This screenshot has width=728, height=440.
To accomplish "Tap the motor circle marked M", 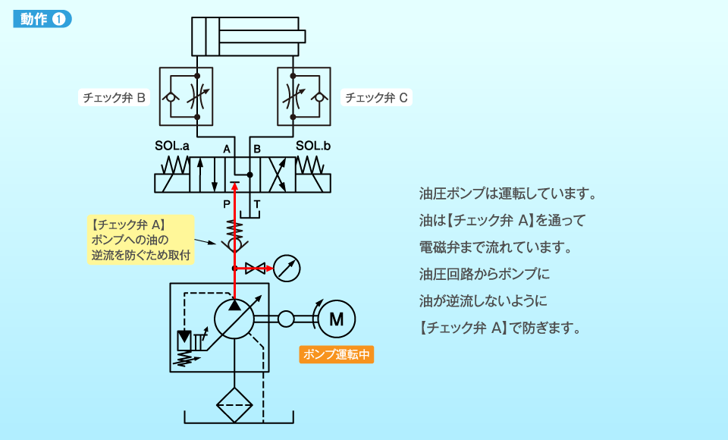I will [x=336, y=319].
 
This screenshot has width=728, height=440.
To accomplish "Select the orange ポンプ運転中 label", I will [x=337, y=354].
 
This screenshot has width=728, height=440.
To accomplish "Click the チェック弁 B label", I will [x=115, y=98].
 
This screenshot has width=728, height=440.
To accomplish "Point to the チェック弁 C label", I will [x=377, y=98].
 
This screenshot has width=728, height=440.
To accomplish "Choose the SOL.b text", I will [x=313, y=146].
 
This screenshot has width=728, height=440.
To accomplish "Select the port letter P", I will [x=226, y=204].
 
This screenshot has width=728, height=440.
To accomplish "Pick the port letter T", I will [x=256, y=204].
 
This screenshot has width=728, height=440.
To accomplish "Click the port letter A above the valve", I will [x=226, y=149].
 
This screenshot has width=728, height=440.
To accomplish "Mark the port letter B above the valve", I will [x=256, y=149].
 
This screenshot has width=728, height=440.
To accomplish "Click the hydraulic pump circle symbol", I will [x=234, y=319].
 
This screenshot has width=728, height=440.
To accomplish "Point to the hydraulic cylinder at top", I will [x=247, y=36].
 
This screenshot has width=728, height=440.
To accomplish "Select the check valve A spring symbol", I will [x=235, y=228].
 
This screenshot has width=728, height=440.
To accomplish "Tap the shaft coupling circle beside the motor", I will [x=286, y=319].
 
